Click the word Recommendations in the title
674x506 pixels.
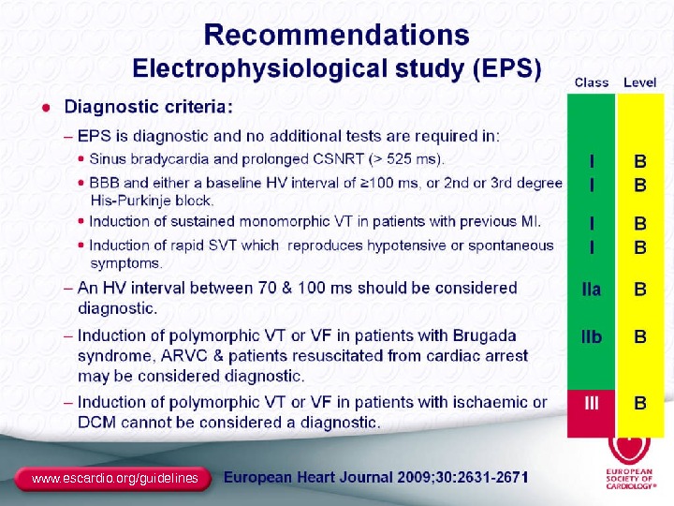[x=337, y=36]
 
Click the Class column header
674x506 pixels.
[x=592, y=82]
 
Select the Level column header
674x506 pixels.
[x=640, y=82]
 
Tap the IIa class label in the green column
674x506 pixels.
[x=592, y=290]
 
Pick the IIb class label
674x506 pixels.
[x=592, y=336]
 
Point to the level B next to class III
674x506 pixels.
[x=640, y=404]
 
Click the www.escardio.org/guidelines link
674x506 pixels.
[x=115, y=479]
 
